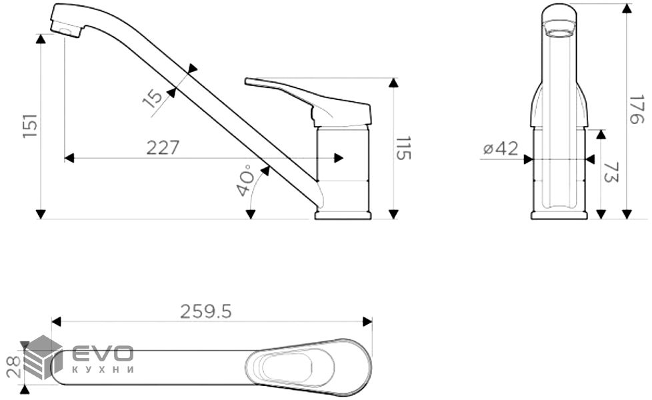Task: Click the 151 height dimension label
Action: point(30,127)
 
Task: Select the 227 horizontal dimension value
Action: point(163,147)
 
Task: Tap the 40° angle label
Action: point(245,181)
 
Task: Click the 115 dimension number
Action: point(403,148)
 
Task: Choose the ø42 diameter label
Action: point(501,149)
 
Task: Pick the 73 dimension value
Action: point(611,173)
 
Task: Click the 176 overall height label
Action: point(638,109)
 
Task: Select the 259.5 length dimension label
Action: point(206,311)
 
